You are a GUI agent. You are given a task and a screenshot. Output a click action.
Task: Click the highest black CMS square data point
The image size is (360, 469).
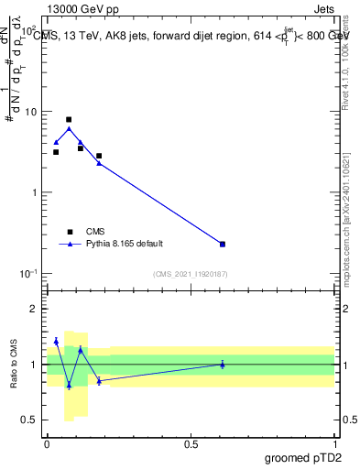[69, 119]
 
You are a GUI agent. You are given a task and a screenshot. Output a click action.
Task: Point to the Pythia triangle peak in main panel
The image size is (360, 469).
[69, 129]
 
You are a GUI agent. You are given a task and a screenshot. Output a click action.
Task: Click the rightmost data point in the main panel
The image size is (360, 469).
[223, 244]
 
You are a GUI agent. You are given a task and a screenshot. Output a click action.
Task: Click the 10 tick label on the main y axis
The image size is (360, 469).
[30, 112]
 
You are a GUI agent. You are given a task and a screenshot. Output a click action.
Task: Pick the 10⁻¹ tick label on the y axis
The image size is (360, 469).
[27, 273]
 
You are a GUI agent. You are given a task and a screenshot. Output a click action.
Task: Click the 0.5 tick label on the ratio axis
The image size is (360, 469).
[32, 420]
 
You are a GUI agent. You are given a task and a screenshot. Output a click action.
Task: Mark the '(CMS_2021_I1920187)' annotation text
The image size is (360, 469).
[190, 274]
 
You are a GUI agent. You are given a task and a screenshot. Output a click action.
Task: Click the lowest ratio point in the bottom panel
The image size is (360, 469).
[69, 386]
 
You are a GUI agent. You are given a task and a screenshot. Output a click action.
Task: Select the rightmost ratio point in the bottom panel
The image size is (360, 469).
[223, 365]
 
